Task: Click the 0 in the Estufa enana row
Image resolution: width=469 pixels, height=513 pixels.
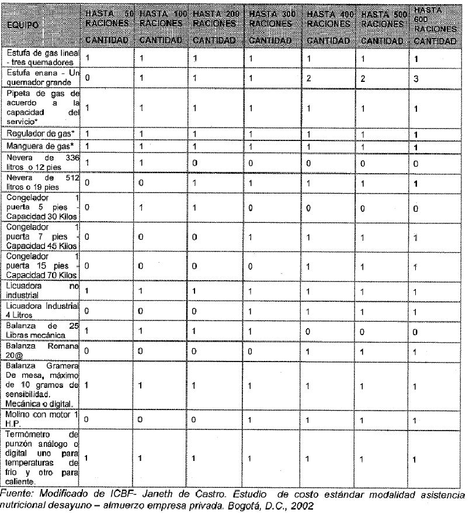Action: click(x=88, y=77)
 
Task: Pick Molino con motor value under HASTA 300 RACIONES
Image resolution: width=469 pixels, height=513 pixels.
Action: click(x=250, y=419)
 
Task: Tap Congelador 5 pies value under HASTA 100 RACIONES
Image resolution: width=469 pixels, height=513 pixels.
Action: click(x=141, y=207)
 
